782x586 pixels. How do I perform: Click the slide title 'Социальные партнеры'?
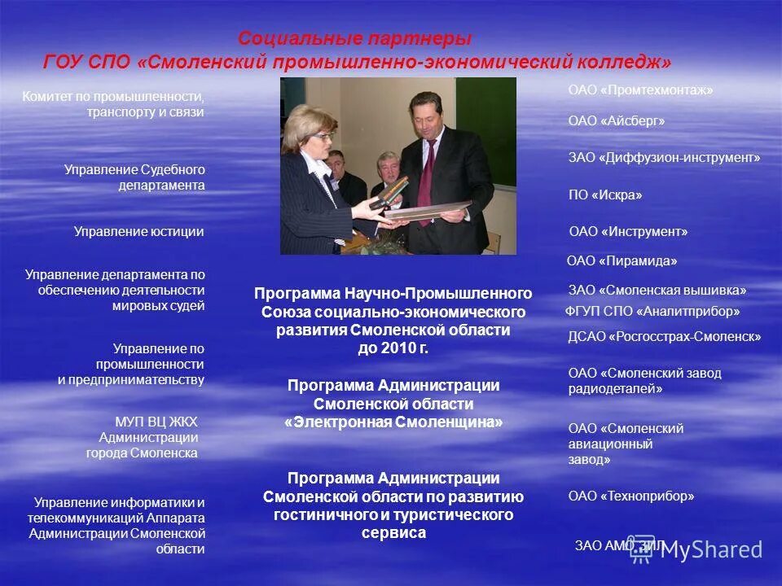354,39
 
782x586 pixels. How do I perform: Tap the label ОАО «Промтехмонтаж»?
640,90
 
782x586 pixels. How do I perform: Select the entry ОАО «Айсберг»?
617,121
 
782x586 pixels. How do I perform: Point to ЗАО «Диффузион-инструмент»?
664,158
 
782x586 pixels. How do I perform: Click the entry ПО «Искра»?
605,195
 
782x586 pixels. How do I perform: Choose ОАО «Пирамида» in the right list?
622,261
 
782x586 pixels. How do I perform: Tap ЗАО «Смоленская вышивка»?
657,291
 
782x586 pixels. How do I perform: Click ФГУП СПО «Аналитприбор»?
652,311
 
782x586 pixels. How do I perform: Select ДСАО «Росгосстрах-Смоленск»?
664,336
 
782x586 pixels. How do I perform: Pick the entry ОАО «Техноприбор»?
631,496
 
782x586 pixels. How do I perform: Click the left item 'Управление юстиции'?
138,232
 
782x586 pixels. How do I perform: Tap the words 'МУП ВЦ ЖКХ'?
156,421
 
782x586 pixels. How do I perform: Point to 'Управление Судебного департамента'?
134,177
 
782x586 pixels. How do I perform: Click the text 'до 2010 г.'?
393,348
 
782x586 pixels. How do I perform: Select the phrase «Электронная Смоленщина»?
393,422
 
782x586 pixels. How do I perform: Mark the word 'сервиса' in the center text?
393,534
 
